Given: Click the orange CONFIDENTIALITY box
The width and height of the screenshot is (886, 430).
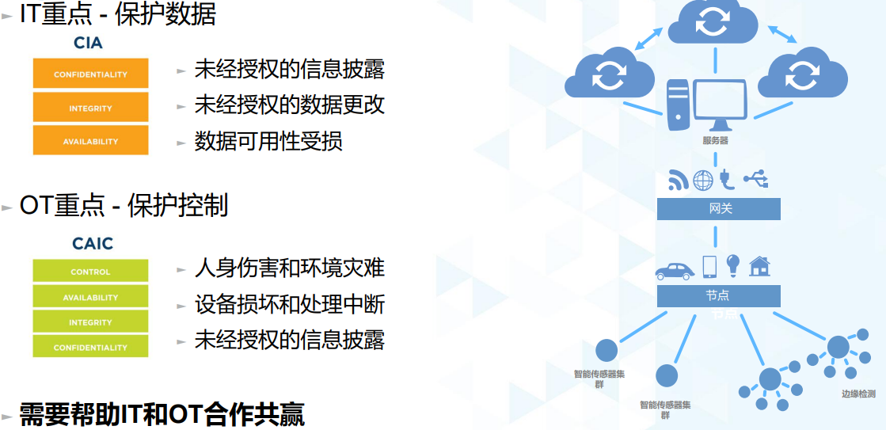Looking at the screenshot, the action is click(x=90, y=74).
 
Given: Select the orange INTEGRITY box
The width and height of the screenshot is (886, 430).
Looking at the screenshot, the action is click(x=90, y=108).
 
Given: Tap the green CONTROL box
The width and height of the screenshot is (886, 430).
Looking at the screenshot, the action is click(x=90, y=271).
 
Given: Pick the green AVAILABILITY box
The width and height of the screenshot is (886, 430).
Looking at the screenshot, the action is click(x=90, y=296).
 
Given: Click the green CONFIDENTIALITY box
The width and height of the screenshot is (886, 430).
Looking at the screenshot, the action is click(x=90, y=346).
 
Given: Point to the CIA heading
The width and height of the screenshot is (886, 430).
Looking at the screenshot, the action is click(x=88, y=43).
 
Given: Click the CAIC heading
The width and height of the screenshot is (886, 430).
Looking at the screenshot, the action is click(x=93, y=244).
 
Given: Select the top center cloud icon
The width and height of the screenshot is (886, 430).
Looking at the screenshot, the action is click(x=713, y=23).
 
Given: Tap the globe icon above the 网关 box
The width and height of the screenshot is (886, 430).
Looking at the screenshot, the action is click(x=703, y=181).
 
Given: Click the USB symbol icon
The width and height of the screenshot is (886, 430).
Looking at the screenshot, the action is click(x=756, y=179).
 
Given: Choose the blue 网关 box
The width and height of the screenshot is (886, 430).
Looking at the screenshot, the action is click(x=719, y=209).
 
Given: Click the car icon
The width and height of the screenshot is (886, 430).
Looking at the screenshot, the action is click(x=675, y=271).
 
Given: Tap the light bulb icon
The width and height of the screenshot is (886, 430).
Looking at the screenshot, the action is click(x=733, y=265).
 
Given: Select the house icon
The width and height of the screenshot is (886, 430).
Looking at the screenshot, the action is click(x=759, y=266).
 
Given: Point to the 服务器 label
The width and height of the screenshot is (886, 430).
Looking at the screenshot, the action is click(x=715, y=141).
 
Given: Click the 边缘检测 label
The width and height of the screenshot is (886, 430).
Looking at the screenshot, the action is click(x=858, y=394).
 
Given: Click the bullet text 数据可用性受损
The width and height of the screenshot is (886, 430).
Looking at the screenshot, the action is click(x=268, y=141).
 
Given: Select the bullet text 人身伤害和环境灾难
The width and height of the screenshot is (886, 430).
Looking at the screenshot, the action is click(x=289, y=268).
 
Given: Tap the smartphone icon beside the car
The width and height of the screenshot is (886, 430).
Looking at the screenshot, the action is click(x=709, y=267).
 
